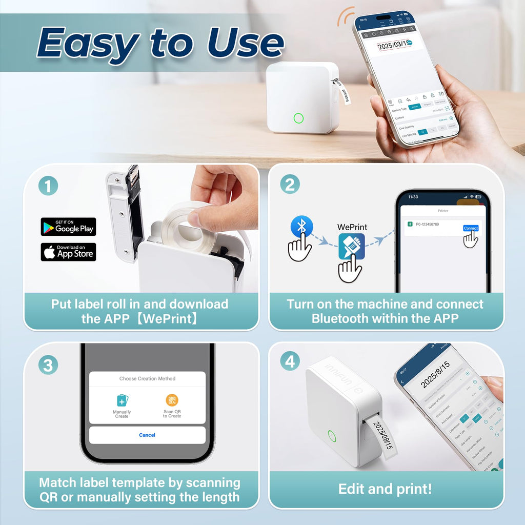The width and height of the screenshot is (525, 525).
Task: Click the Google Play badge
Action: tap(68, 227)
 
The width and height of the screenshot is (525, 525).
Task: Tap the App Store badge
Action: tap(68, 252)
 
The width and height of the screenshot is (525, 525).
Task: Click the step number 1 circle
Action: tap(48, 185)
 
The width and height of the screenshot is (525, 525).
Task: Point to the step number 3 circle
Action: tap(48, 365)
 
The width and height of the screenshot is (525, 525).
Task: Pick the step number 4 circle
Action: tap(290, 362)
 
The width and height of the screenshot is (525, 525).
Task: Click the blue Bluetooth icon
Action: tap(301, 227)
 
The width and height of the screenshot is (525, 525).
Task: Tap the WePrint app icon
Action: tap(352, 247)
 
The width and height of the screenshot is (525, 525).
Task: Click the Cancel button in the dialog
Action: tap(147, 435)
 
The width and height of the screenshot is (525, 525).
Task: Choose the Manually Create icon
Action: tap(122, 400)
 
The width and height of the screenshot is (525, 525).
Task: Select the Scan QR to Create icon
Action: tap(172, 400)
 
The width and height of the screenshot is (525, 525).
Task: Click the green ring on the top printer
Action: tap(298, 118)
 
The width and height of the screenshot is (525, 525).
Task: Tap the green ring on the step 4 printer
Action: tap(332, 436)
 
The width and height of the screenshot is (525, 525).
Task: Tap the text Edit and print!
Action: tap(385, 489)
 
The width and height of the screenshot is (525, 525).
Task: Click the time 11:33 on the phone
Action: tap(413, 196)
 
